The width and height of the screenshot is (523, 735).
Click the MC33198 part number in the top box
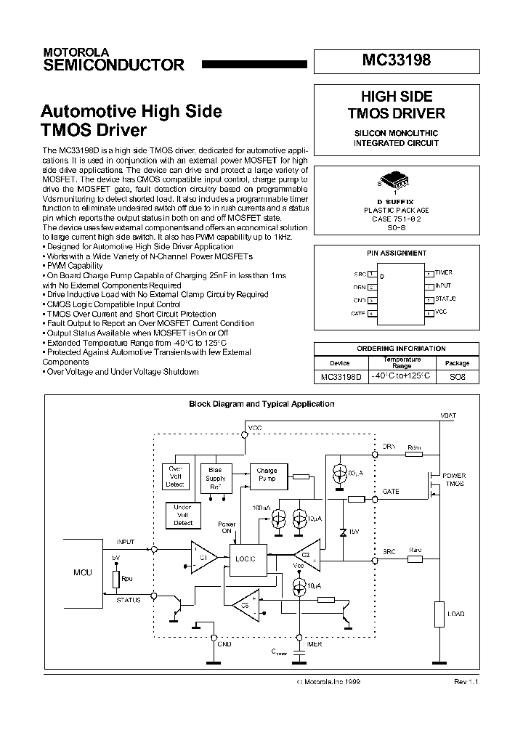(x=396, y=61)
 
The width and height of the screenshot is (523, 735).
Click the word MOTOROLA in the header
(x=76, y=53)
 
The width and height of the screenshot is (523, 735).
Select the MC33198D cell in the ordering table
(x=340, y=377)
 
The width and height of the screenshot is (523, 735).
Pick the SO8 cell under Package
(x=457, y=377)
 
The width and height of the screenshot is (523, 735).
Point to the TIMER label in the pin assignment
(x=443, y=273)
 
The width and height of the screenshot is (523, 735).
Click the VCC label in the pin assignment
(x=441, y=313)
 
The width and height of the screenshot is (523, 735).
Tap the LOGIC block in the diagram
(x=246, y=558)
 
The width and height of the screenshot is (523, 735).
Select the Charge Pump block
(x=267, y=475)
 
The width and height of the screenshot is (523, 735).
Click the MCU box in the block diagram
(x=84, y=572)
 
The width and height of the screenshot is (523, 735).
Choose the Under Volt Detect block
(x=183, y=515)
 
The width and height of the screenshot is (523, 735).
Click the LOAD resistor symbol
(x=438, y=614)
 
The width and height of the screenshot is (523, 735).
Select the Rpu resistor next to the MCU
(x=116, y=579)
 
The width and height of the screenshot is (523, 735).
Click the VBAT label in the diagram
(x=448, y=415)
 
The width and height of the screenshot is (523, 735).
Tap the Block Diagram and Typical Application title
(x=261, y=404)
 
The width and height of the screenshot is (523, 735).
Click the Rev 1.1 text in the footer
(x=466, y=682)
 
